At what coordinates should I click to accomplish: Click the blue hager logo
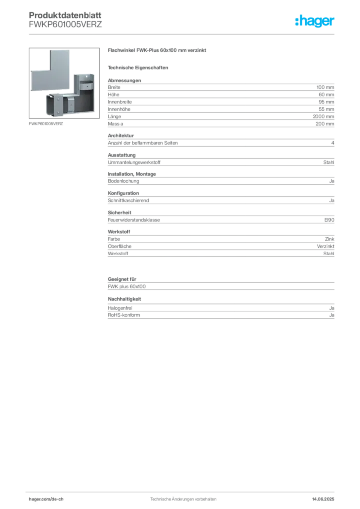[315, 21]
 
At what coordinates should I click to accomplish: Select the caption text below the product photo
[46, 124]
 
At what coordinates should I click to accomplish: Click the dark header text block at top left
[66, 20]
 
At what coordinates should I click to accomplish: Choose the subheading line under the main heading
[140, 67]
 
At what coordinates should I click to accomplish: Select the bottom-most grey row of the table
[221, 315]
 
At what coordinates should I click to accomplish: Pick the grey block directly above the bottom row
[221, 286]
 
